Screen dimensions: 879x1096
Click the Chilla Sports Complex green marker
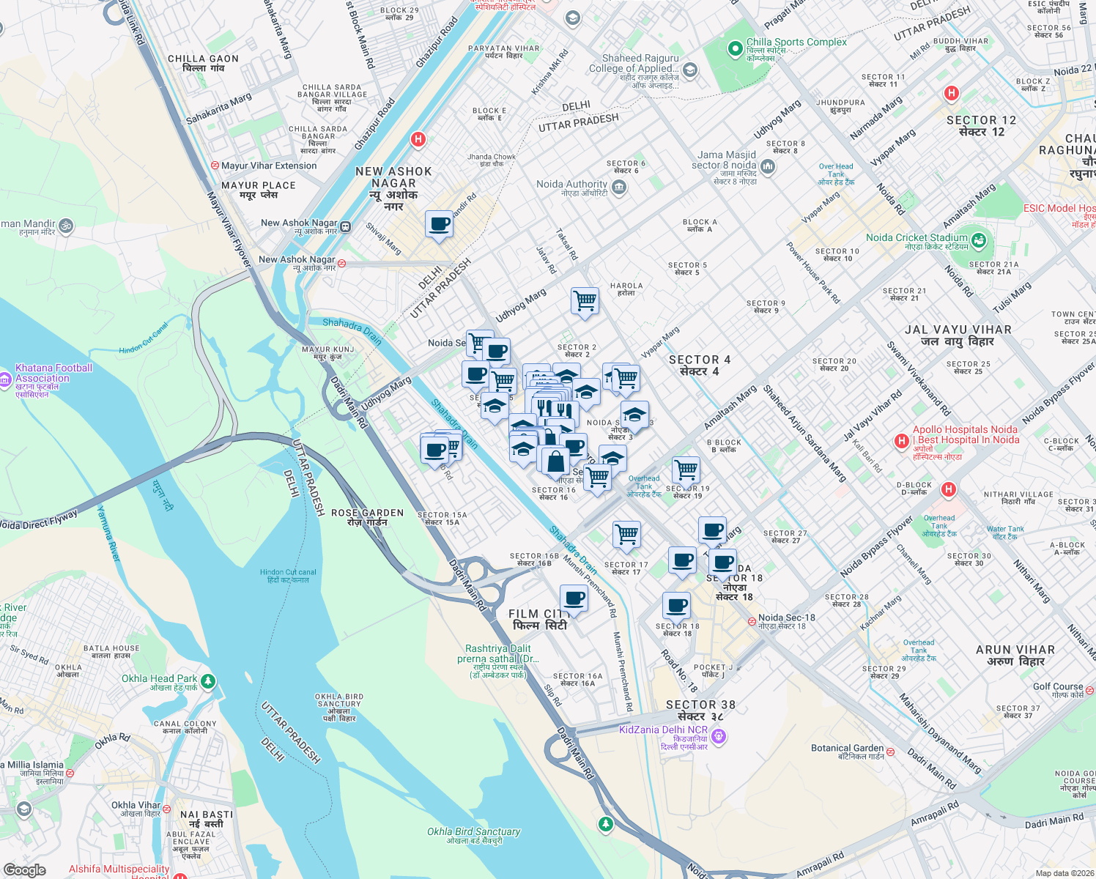(x=735, y=48)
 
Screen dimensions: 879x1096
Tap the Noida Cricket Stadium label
(x=917, y=237)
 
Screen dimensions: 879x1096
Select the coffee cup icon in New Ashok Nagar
(x=439, y=224)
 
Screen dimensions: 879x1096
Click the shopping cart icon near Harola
(x=585, y=300)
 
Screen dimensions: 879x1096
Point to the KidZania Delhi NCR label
(x=664, y=730)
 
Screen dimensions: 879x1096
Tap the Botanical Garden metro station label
(x=848, y=748)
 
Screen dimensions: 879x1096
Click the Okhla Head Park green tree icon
(x=208, y=682)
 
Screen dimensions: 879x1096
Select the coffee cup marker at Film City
(x=574, y=599)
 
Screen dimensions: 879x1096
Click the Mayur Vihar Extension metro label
(x=269, y=166)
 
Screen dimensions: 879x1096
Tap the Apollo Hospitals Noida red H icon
(x=902, y=440)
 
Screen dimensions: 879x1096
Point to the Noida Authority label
(x=572, y=185)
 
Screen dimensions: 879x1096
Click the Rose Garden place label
(x=367, y=513)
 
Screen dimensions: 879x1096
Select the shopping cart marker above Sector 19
(x=686, y=470)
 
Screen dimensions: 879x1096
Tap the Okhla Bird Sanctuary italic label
(x=474, y=831)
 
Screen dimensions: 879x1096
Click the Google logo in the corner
(x=25, y=869)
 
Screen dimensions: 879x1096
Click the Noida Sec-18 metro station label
(x=786, y=617)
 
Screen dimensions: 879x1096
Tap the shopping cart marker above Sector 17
(x=626, y=535)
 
